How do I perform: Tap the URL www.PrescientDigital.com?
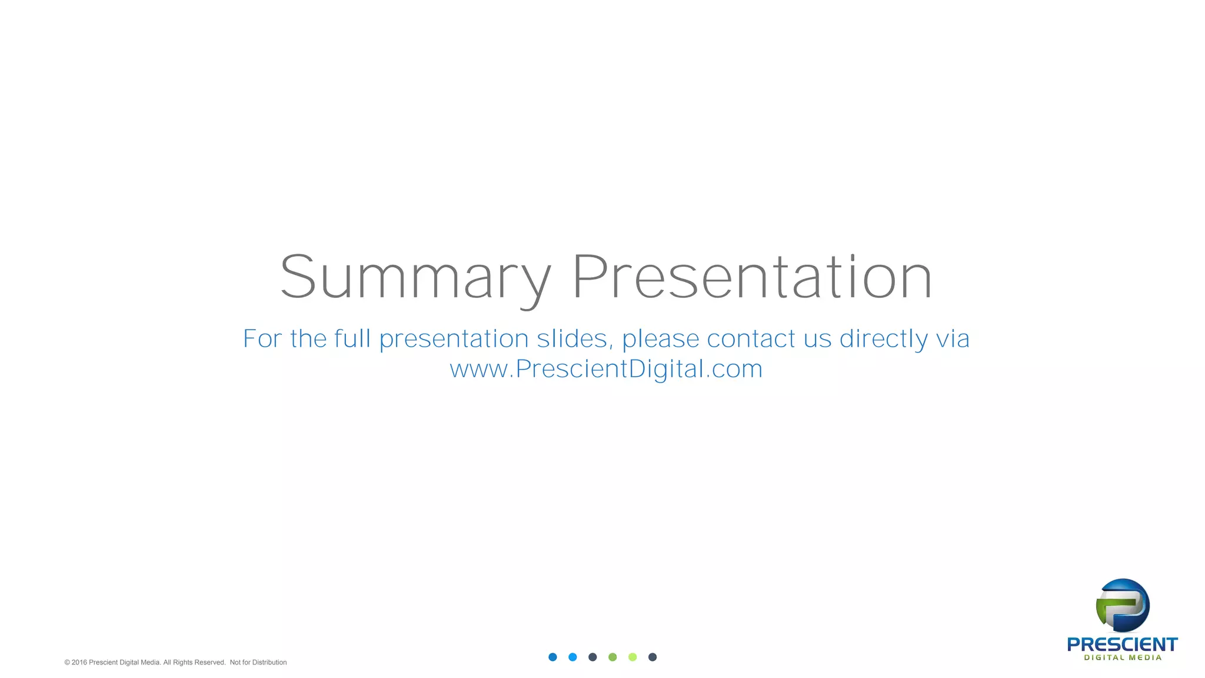click(x=606, y=369)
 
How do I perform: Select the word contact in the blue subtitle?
click(x=751, y=339)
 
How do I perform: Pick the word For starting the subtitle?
click(x=262, y=339)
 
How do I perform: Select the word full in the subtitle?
click(x=352, y=338)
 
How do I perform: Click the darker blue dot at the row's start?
click(x=552, y=657)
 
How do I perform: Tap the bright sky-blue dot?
click(x=572, y=657)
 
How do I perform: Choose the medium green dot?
click(x=613, y=657)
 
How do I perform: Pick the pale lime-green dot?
click(x=633, y=657)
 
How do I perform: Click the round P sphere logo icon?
click(x=1123, y=605)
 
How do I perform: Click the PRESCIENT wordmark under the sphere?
click(x=1122, y=644)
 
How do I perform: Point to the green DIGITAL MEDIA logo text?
click(x=1123, y=658)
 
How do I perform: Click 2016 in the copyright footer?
click(x=79, y=663)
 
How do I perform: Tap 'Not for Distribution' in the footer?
click(x=258, y=663)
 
